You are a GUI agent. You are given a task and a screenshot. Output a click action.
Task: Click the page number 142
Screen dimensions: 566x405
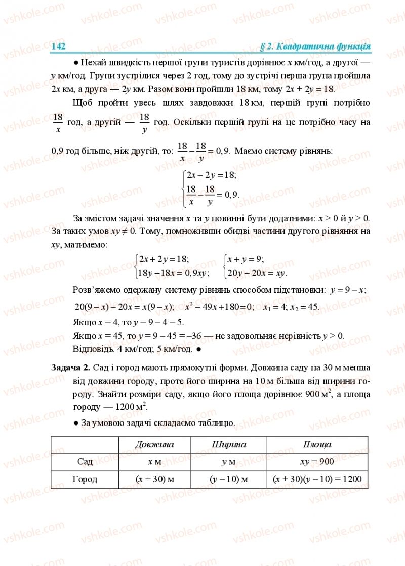click(59, 46)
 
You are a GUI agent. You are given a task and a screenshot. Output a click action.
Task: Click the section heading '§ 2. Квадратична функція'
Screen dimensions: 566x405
click(315, 46)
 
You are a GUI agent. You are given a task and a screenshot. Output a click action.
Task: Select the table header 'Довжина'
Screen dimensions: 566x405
click(154, 444)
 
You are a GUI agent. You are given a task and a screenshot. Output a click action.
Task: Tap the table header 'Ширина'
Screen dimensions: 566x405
click(228, 444)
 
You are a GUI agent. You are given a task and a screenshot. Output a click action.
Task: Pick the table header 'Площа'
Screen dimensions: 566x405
click(317, 444)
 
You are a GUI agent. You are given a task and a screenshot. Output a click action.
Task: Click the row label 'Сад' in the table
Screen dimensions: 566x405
click(85, 461)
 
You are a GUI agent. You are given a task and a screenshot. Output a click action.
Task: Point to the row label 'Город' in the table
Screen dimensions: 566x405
click(85, 479)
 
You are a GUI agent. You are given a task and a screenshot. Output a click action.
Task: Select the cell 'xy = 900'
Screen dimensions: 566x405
click(317, 461)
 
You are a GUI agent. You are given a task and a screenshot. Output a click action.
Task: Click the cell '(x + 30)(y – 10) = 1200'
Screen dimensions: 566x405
click(317, 479)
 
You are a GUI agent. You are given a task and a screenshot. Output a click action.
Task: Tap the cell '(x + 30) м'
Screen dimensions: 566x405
click(154, 479)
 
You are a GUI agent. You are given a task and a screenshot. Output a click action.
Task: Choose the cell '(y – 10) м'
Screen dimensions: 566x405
click(228, 479)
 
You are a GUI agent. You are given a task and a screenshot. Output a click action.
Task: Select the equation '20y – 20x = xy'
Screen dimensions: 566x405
click(257, 273)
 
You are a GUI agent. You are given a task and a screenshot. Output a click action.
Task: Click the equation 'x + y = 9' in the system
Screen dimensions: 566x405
click(246, 259)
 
